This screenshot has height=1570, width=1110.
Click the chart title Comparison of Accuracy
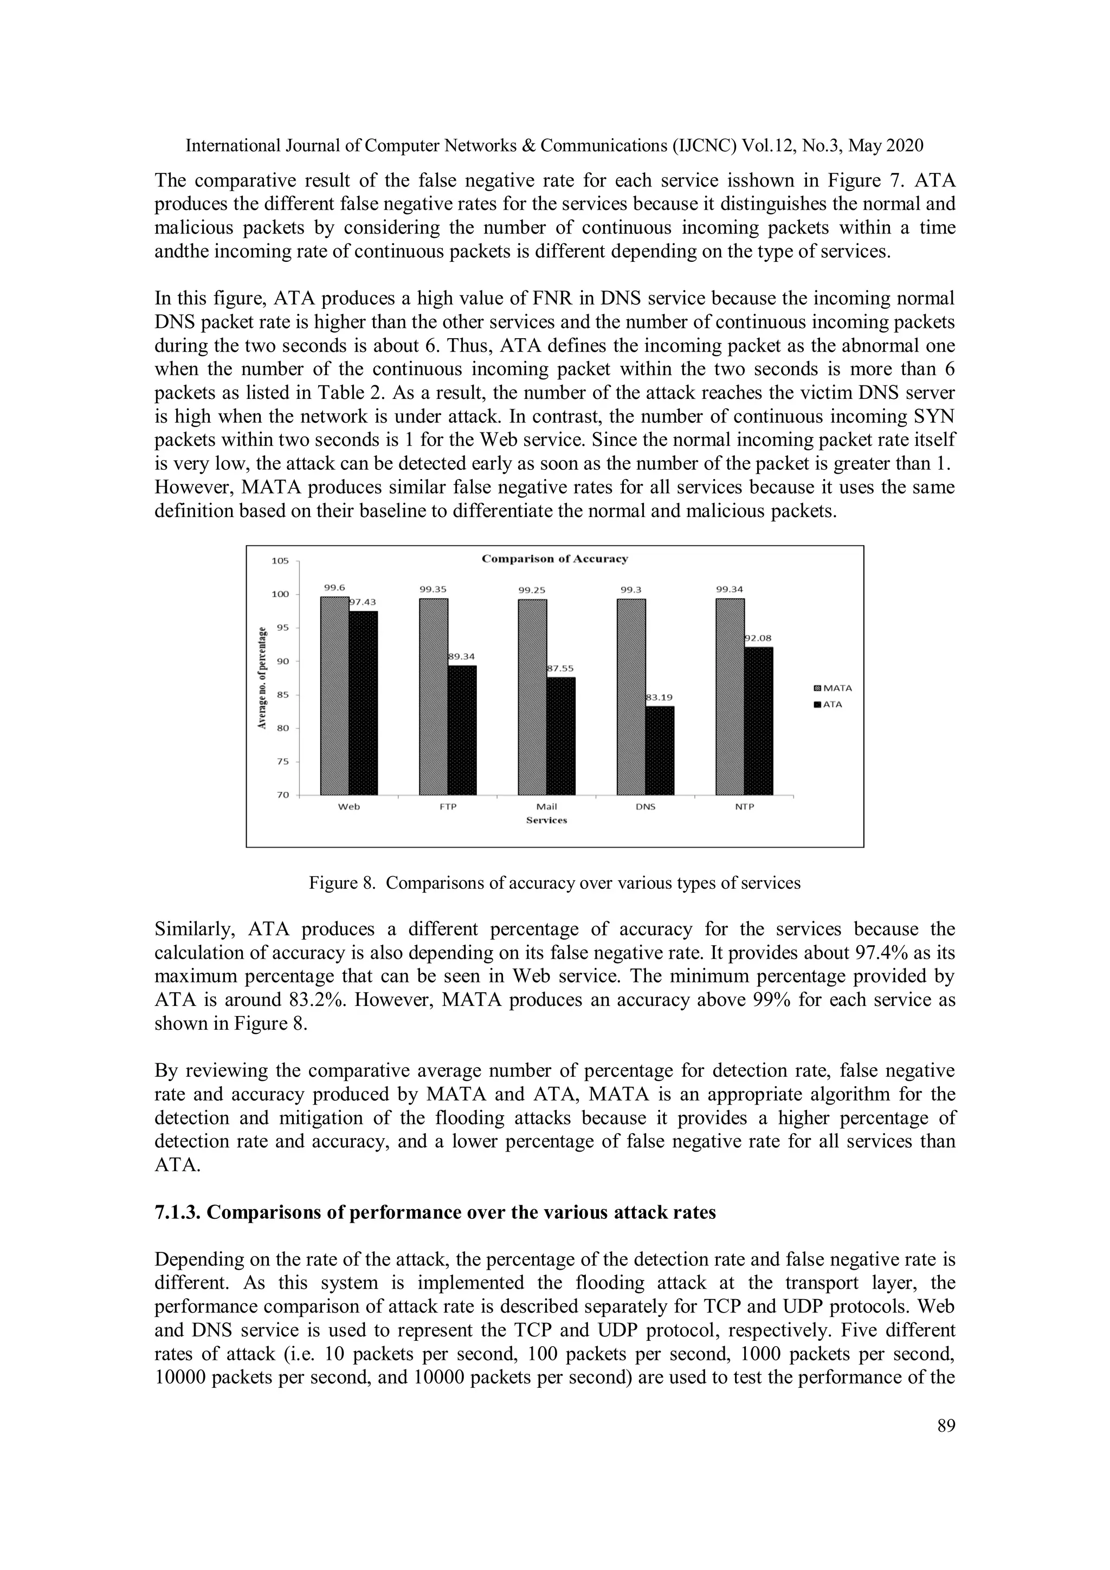pos(554,559)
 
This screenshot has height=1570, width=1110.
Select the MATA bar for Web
pos(334,695)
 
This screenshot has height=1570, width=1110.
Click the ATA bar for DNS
pos(660,750)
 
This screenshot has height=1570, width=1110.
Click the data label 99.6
pos(334,587)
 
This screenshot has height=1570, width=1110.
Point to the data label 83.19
pos(661,697)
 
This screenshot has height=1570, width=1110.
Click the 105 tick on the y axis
pos(280,561)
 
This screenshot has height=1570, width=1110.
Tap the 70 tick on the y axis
pos(283,795)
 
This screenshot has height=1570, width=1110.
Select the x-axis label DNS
pos(645,807)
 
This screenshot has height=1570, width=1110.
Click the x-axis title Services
pos(546,820)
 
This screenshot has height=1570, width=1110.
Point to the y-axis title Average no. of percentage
pos(261,677)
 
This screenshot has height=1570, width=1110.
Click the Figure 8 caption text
pos(554,883)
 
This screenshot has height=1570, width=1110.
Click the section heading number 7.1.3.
pos(177,1212)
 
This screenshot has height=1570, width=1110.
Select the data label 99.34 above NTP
pos(730,588)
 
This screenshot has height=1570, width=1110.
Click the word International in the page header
pos(228,146)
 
